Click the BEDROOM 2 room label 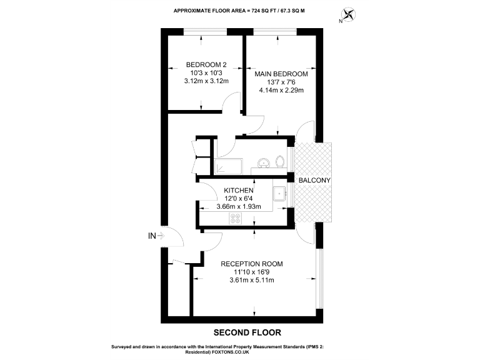[206, 64]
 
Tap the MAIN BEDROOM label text [281, 74]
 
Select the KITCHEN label [238, 190]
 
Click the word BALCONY [314, 180]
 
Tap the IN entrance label [151, 236]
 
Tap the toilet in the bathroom [279, 162]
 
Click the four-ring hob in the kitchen [237, 218]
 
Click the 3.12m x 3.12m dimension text [206, 81]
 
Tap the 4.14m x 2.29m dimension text [281, 90]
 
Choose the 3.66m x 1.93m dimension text [238, 207]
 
